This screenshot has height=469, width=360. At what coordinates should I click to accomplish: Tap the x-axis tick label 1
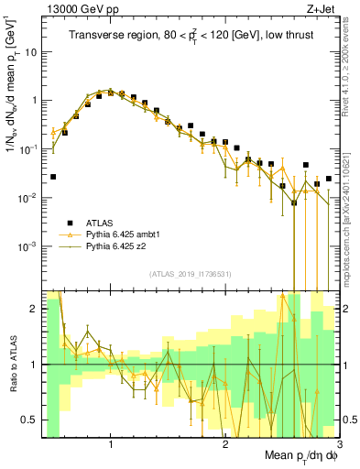[111, 444]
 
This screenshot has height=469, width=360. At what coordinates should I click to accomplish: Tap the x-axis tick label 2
[225, 444]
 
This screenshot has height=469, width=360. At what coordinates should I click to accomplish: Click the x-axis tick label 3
[338, 444]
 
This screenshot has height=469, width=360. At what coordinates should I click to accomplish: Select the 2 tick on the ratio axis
[35, 309]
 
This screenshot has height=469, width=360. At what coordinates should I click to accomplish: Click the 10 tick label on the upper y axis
[30, 51]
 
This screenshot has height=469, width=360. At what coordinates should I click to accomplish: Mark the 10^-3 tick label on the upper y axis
[27, 246]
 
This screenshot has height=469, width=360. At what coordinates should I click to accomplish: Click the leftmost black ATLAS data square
[53, 177]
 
